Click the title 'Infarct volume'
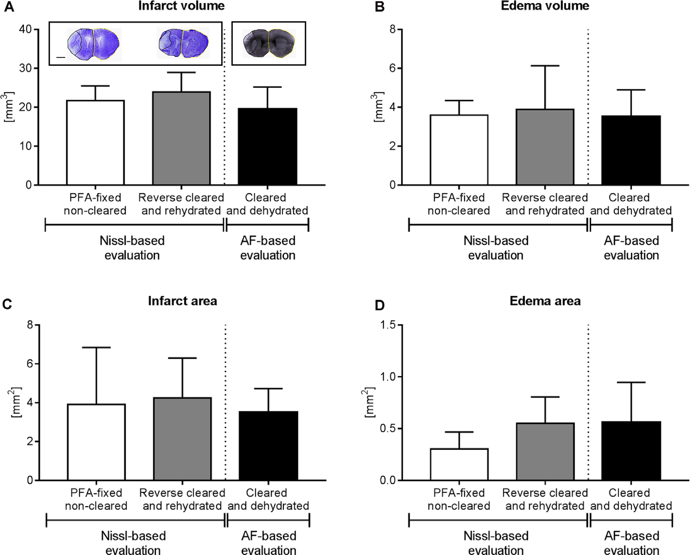(x=181, y=6)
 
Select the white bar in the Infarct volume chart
(x=95, y=142)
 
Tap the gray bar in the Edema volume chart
(x=545, y=147)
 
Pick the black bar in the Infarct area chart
(x=268, y=446)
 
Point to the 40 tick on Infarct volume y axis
(x=26, y=29)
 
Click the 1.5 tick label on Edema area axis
(x=388, y=325)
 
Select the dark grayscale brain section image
(x=269, y=43)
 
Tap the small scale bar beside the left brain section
(x=61, y=57)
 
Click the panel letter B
(x=379, y=7)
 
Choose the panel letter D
(x=379, y=305)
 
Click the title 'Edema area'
(x=545, y=301)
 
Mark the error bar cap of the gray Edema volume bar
(x=545, y=66)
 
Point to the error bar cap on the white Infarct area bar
(x=96, y=347)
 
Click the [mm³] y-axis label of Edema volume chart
(x=379, y=107)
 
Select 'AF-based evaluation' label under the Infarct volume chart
(x=268, y=248)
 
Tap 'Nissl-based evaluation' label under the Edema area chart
(x=496, y=543)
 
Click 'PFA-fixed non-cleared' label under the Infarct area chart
(x=96, y=499)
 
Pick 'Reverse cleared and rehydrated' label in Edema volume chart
(x=545, y=204)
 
